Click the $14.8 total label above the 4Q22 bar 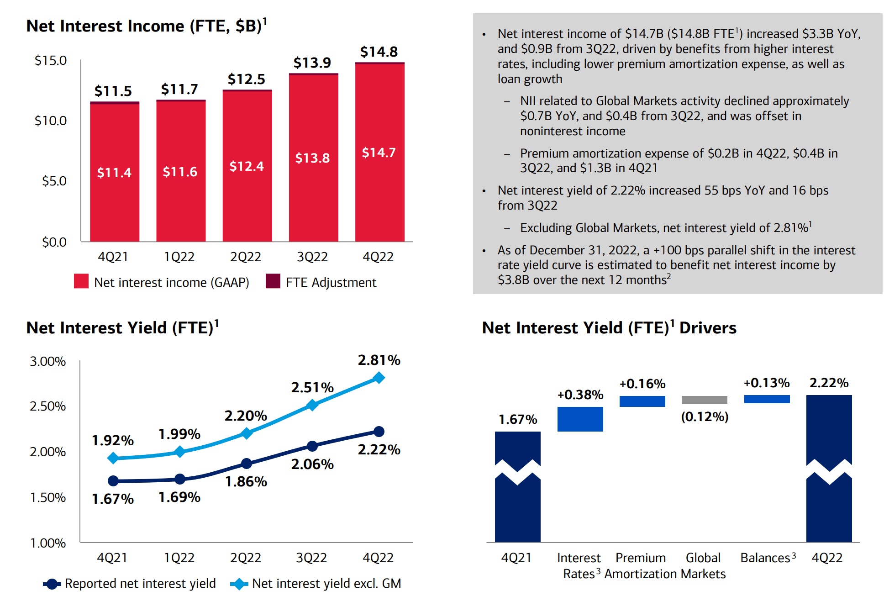pyautogui.click(x=379, y=52)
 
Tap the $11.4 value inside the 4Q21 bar pyautogui.click(x=114, y=173)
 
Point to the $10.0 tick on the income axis pyautogui.click(x=51, y=121)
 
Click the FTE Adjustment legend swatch pyautogui.click(x=273, y=281)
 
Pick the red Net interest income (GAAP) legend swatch pyautogui.click(x=81, y=281)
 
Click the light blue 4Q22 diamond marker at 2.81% pyautogui.click(x=379, y=378)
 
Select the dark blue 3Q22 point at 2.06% pyautogui.click(x=312, y=446)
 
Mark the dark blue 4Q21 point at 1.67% pyautogui.click(x=113, y=481)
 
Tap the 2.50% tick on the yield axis pyautogui.click(x=48, y=406)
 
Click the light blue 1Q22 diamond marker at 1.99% pyautogui.click(x=180, y=452)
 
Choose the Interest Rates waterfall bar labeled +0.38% pyautogui.click(x=580, y=419)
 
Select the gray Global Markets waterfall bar pyautogui.click(x=704, y=400)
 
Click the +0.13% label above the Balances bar pyautogui.click(x=767, y=383)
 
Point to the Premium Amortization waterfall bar pyautogui.click(x=642, y=401)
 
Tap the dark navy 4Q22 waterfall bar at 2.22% pyautogui.click(x=829, y=502)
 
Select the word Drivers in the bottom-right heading pyautogui.click(x=708, y=328)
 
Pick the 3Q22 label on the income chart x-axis pyautogui.click(x=312, y=257)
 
